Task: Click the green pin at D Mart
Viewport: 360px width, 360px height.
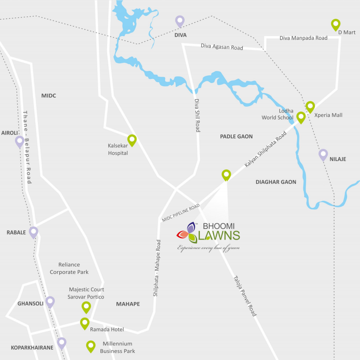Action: point(336,24)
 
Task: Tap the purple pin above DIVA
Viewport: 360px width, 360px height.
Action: point(179,21)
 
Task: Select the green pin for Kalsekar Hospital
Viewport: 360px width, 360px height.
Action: point(132,140)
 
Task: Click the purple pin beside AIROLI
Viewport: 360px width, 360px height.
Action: point(20,141)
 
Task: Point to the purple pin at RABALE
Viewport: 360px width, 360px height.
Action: point(33,232)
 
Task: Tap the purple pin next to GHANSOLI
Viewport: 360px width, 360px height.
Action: point(50,302)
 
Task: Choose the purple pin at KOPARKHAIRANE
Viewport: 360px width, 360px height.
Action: point(62,343)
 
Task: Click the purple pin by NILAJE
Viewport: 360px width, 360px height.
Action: point(323,154)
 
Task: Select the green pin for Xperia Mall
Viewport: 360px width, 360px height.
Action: point(310,107)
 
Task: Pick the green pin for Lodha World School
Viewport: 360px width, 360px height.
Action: point(301,117)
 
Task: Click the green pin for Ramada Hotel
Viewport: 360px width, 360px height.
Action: point(84,323)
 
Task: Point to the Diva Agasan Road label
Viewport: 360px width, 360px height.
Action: point(222,46)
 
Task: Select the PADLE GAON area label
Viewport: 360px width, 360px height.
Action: point(236,136)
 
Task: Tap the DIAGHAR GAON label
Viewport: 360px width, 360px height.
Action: point(276,182)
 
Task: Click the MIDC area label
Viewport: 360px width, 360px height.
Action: point(49,95)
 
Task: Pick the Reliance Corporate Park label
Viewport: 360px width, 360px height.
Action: point(69,268)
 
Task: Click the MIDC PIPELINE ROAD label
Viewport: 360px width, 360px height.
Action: point(181,212)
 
